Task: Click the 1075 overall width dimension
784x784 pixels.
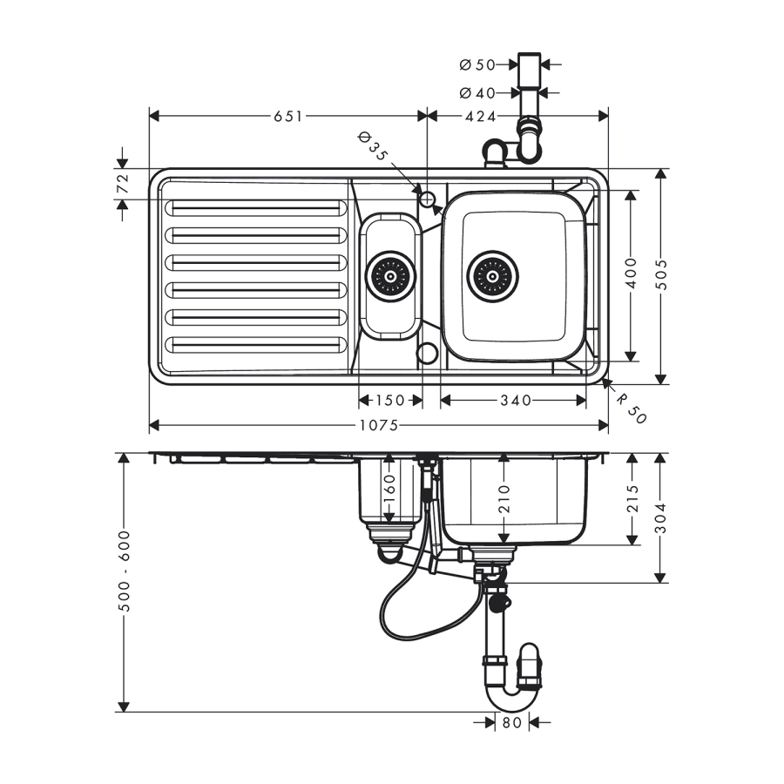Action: click(378, 425)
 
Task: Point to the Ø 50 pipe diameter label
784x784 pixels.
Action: click(476, 64)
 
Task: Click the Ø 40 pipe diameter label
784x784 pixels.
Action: click(476, 92)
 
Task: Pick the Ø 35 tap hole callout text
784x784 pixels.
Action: click(373, 146)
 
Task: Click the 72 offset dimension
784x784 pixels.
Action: click(123, 184)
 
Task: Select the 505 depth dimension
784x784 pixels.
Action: click(661, 276)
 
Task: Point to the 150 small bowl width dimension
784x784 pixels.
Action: click(389, 400)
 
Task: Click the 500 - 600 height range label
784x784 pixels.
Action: click(124, 571)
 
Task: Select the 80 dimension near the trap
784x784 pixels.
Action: click(512, 722)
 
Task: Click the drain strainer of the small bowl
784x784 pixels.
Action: click(389, 277)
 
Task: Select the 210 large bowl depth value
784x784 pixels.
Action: click(504, 498)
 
